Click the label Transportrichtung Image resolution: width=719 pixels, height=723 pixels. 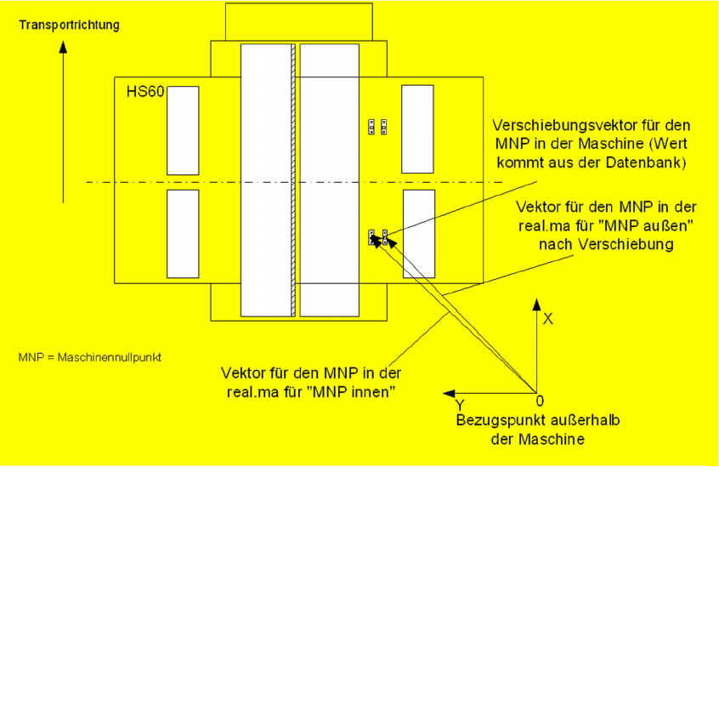tap(69, 26)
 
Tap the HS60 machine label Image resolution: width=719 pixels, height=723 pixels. tap(139, 90)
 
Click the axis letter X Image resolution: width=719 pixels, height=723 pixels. tap(548, 319)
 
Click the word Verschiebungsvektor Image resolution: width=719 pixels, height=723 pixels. tap(558, 124)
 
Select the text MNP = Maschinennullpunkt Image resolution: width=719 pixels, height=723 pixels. tap(90, 357)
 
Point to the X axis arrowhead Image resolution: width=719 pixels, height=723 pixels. tap(536, 304)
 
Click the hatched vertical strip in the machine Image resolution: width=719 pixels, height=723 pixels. tap(293, 179)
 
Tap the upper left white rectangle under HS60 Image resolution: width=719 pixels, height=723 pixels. tap(183, 130)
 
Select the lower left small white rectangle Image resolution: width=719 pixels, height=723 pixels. tap(183, 234)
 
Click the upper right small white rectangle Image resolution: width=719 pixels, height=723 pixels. tap(417, 128)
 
